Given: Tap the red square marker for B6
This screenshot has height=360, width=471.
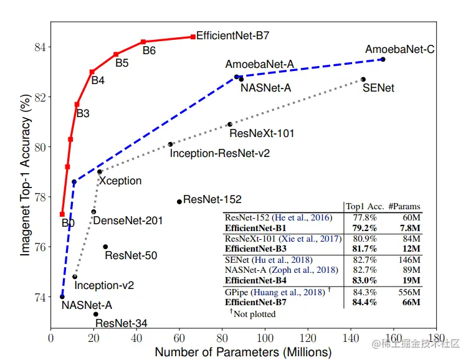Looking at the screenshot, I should pyautogui.click(x=143, y=42).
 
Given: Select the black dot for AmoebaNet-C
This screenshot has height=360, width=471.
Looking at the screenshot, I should pyautogui.click(x=383, y=59).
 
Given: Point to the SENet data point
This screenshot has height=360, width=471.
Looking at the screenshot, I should pyautogui.click(x=363, y=79).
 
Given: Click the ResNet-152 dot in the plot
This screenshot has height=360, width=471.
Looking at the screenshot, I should pyautogui.click(x=179, y=201).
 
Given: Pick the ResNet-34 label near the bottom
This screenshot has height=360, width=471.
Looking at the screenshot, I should pyautogui.click(x=121, y=323).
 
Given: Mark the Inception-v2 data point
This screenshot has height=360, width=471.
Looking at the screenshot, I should pyautogui.click(x=75, y=277).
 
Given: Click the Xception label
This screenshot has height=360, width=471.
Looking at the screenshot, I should pyautogui.click(x=120, y=181).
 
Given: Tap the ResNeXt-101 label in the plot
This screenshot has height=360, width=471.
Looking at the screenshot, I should pyautogui.click(x=262, y=133).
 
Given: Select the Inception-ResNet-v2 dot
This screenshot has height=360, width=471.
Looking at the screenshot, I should pyautogui.click(x=171, y=144).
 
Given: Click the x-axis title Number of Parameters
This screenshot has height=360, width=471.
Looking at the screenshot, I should pyautogui.click(x=243, y=352).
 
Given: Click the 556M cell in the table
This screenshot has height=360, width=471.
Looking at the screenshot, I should pyautogui.click(x=410, y=292).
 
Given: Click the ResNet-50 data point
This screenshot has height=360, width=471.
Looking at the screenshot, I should pyautogui.click(x=105, y=247).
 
